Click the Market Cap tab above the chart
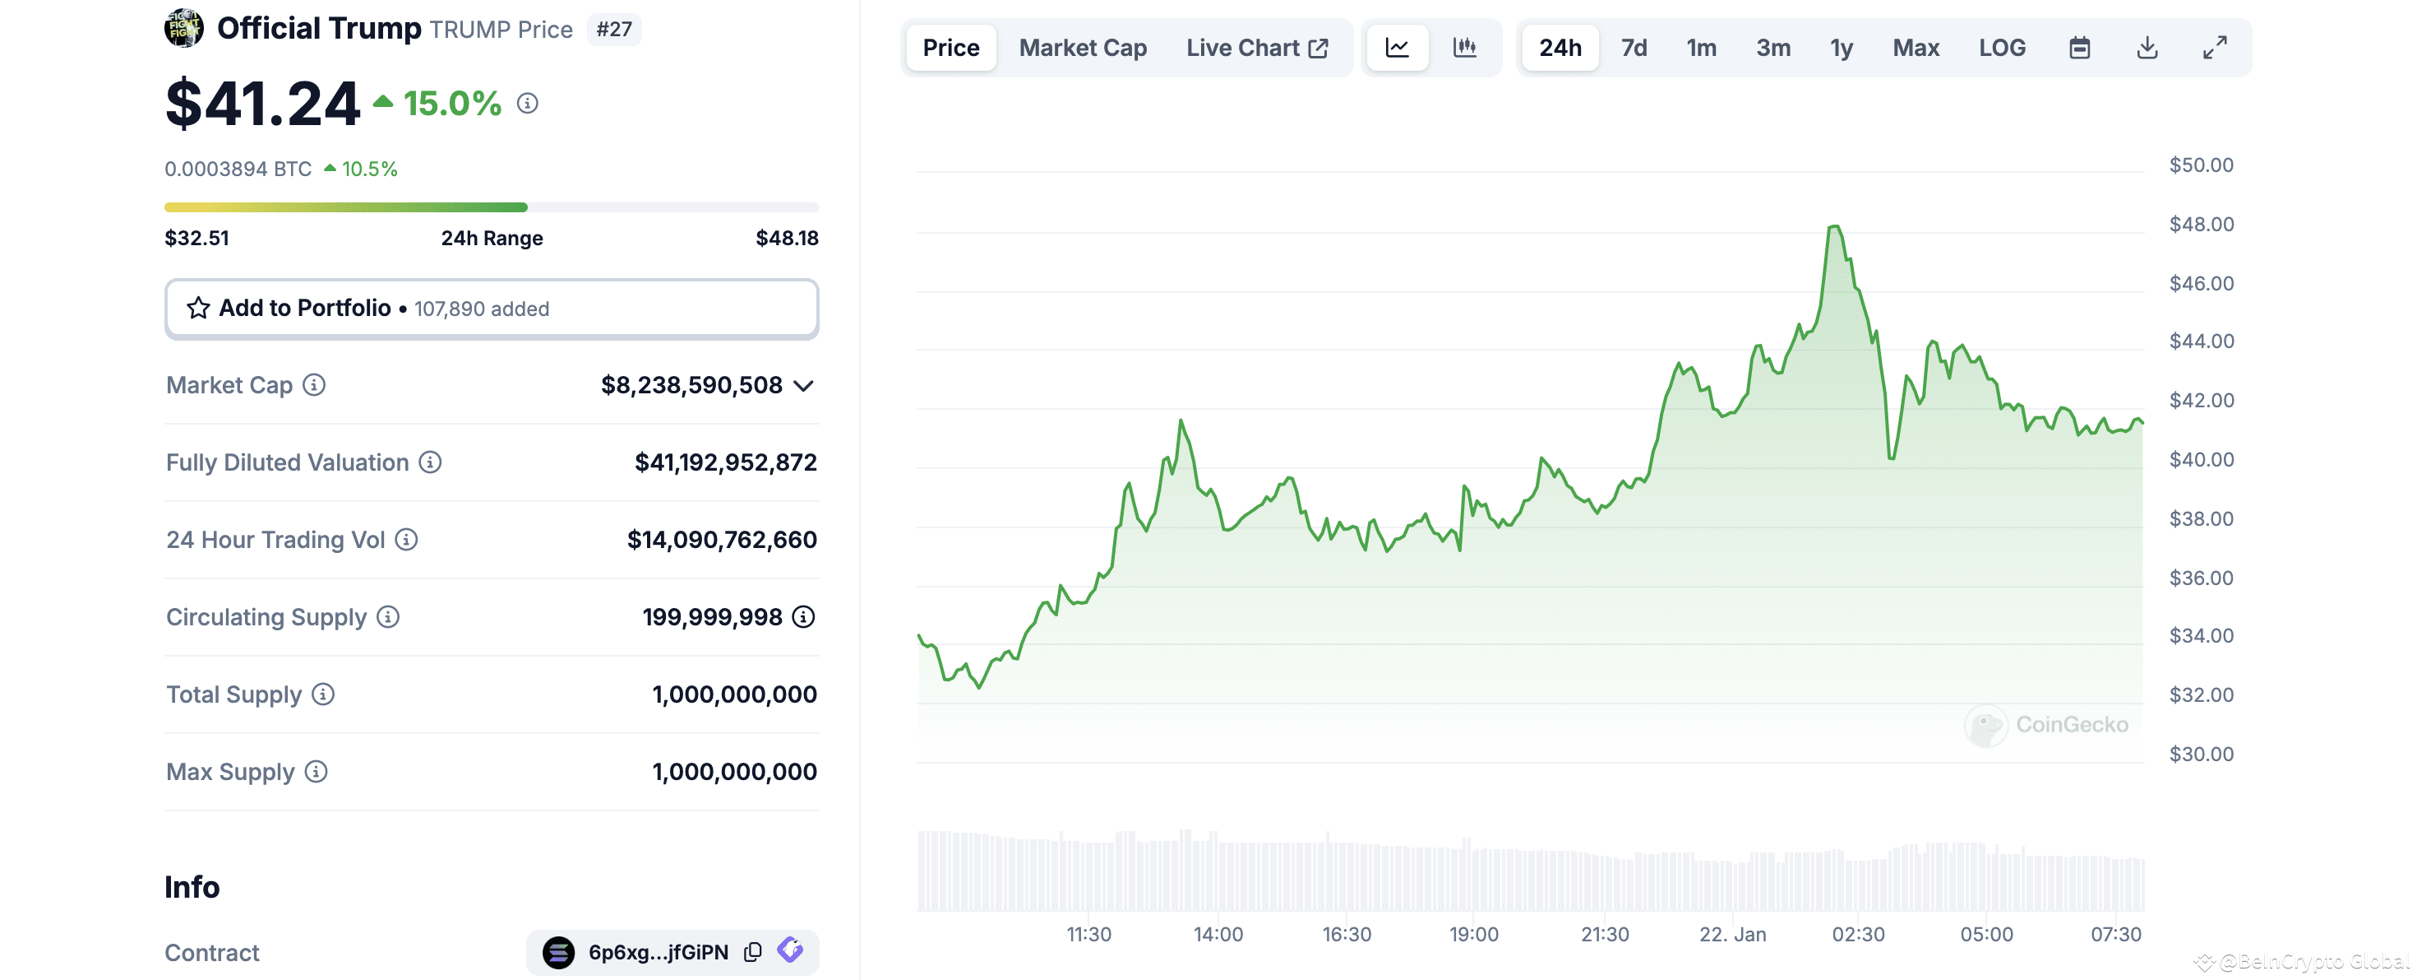click(1082, 48)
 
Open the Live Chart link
click(1256, 48)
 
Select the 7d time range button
click(1634, 48)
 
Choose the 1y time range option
click(1841, 48)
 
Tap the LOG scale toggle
click(2001, 48)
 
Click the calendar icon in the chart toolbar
click(2079, 48)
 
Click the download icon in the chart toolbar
click(2147, 48)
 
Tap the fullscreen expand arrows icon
click(2214, 48)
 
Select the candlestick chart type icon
click(1465, 48)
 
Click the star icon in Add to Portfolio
click(198, 308)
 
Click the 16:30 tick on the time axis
click(1347, 934)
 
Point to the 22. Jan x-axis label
click(1732, 934)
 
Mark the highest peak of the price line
click(1834, 226)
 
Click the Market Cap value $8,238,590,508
click(691, 385)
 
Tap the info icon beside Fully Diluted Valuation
click(430, 462)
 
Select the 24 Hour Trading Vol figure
click(722, 540)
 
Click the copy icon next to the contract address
click(752, 952)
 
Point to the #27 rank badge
click(613, 29)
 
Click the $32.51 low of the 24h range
click(197, 239)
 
